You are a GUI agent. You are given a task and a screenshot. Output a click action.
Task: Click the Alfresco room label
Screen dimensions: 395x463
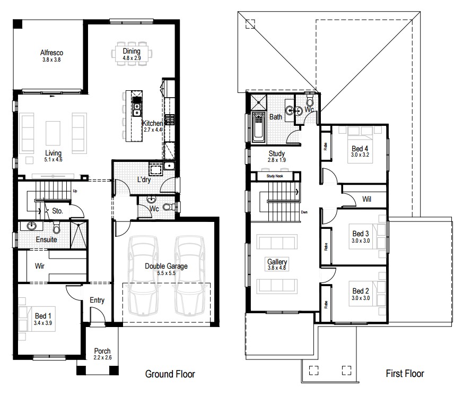click(52, 53)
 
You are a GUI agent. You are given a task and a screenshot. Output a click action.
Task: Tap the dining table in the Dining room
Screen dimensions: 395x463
click(131, 54)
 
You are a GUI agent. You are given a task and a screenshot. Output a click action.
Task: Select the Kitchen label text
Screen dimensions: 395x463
click(152, 123)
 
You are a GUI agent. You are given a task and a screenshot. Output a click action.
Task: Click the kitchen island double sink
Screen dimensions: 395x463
click(136, 109)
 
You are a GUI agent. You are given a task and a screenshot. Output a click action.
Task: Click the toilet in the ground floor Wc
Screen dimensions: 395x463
click(168, 207)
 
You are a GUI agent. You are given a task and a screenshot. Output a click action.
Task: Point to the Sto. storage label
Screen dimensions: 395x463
click(58, 211)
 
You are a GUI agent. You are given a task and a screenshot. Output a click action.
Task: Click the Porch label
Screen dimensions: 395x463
click(102, 351)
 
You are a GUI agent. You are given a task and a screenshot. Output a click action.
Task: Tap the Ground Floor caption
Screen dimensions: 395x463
click(170, 374)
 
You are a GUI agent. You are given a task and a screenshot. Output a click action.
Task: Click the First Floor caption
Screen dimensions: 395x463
click(405, 374)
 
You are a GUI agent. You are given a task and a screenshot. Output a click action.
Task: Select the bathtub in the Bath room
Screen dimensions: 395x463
click(258, 128)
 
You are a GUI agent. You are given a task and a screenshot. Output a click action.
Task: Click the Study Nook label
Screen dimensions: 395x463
click(275, 176)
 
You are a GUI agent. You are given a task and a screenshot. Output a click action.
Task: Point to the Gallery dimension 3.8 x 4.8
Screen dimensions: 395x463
click(277, 269)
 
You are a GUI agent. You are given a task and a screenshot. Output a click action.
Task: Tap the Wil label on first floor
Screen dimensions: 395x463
click(366, 199)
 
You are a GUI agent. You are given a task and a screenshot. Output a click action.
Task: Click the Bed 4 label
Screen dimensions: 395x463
click(360, 148)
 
